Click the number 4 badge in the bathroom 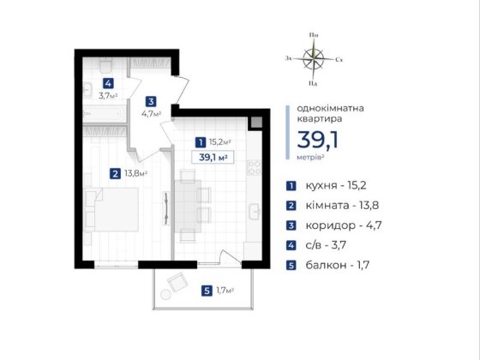tap(108, 83)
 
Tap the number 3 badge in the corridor tap(151, 101)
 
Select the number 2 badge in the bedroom tap(115, 174)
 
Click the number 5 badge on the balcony tap(207, 291)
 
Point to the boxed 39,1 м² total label tap(213, 158)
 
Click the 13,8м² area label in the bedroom tap(136, 173)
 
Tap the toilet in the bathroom tap(105, 65)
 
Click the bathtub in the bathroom tap(104, 113)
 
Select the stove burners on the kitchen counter tap(254, 167)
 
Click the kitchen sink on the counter tap(254, 212)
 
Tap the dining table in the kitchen tap(188, 206)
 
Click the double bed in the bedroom tap(116, 209)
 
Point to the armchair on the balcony tap(177, 282)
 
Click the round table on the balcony tap(165, 295)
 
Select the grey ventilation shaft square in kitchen tap(256, 123)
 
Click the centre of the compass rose tap(314, 58)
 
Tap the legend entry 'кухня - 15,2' tap(336, 185)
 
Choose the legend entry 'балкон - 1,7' tap(338, 265)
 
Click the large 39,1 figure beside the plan tap(318, 140)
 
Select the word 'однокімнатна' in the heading tap(330, 108)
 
